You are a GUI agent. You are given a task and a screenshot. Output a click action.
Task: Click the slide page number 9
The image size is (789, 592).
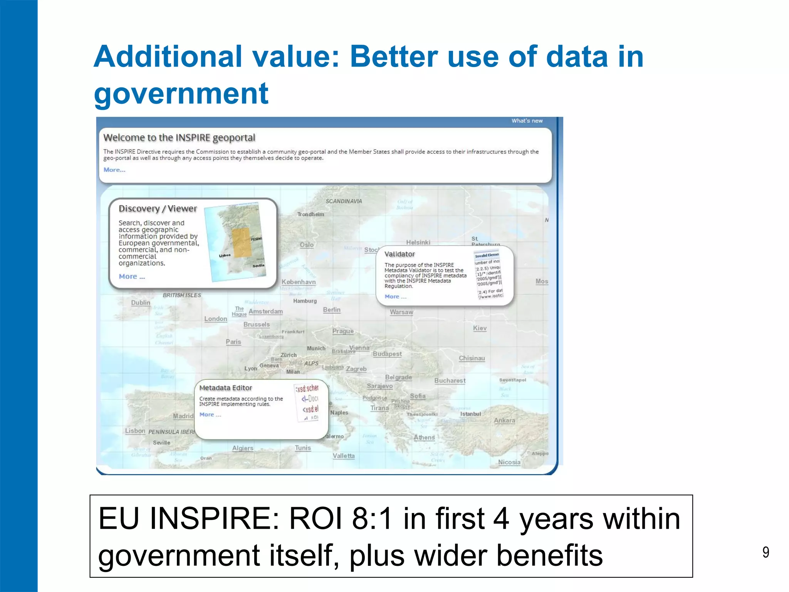tap(765, 552)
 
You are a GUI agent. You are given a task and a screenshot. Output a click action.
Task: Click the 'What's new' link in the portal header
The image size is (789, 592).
tap(527, 121)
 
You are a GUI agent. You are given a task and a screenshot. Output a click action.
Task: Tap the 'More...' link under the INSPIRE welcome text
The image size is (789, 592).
tap(114, 170)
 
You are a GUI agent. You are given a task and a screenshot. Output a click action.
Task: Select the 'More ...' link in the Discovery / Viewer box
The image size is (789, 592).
tap(132, 276)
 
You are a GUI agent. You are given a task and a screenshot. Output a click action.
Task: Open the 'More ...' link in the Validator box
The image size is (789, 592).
tap(395, 296)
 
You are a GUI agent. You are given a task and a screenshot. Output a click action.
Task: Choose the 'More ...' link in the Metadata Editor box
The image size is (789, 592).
tap(210, 414)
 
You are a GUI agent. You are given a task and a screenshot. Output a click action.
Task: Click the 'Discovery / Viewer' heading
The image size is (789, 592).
tap(158, 209)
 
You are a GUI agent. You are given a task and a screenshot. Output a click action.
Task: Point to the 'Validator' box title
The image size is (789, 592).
tap(400, 254)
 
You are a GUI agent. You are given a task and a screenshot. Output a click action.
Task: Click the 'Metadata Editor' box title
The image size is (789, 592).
tap(225, 388)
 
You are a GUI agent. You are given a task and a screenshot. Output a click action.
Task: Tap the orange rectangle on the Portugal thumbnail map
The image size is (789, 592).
tap(241, 242)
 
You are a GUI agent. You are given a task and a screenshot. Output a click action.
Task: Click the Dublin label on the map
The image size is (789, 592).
tap(141, 303)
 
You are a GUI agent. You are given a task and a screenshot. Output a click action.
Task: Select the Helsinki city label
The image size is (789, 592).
tap(418, 242)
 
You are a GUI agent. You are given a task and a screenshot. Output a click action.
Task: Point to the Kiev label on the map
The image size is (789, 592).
tap(480, 328)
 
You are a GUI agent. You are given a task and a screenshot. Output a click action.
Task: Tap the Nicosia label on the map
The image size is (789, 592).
tap(509, 462)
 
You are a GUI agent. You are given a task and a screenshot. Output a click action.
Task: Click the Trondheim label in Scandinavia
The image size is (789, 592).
tap(311, 214)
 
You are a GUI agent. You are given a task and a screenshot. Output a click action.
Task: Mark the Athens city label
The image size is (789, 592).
tap(424, 437)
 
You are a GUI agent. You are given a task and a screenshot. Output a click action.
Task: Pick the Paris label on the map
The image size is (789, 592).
tap(233, 342)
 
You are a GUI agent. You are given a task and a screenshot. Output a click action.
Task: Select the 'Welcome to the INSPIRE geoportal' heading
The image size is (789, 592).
tap(179, 138)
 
